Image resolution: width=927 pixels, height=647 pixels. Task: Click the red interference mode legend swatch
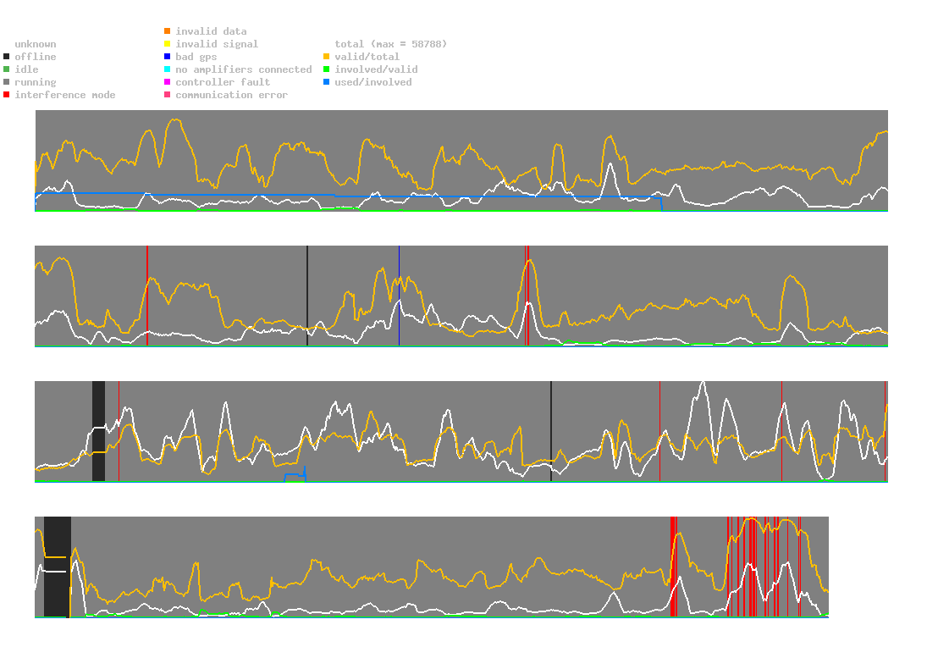pyautogui.click(x=7, y=95)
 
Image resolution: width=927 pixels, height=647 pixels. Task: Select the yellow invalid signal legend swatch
pyautogui.click(x=168, y=44)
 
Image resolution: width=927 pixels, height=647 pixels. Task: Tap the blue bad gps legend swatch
pyautogui.click(x=168, y=57)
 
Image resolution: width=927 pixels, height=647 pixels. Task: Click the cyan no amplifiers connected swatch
pyautogui.click(x=168, y=69)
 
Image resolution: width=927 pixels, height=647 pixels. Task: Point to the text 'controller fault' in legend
pyautogui.click(x=223, y=82)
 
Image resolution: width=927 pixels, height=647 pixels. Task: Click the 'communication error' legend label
pyautogui.click(x=231, y=95)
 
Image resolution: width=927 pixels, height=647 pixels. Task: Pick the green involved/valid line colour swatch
pyautogui.click(x=327, y=69)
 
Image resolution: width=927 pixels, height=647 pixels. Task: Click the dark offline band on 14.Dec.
pyautogui.click(x=98, y=432)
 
